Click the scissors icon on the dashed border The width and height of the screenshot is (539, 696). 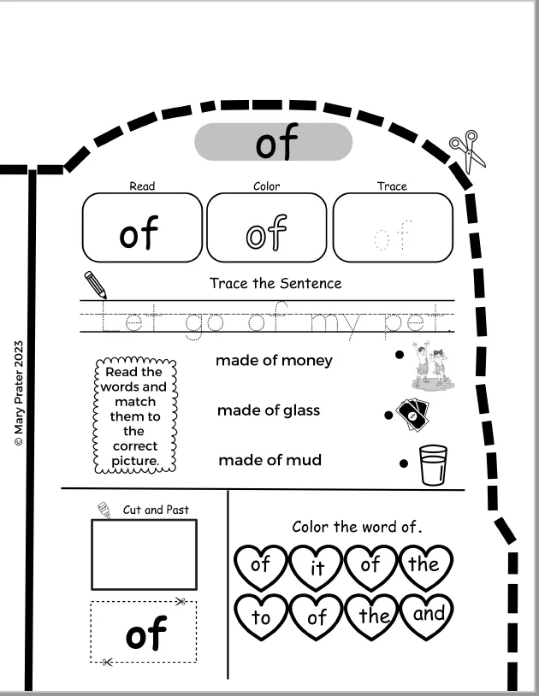pyautogui.click(x=467, y=151)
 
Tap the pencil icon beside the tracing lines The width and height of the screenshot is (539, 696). pyautogui.click(x=96, y=285)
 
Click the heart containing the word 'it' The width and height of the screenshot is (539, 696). pyautogui.click(x=316, y=568)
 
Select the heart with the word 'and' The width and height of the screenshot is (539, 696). pyautogui.click(x=427, y=616)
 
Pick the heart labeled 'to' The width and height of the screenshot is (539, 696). pyautogui.click(x=261, y=616)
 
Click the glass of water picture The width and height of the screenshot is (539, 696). pyautogui.click(x=433, y=465)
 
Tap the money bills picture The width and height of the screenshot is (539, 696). pyautogui.click(x=412, y=414)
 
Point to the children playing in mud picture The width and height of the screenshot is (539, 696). pyautogui.click(x=433, y=366)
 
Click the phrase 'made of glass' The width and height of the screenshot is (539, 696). pyautogui.click(x=269, y=410)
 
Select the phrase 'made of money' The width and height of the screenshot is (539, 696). pyautogui.click(x=274, y=361)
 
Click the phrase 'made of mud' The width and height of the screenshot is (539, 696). pyautogui.click(x=270, y=460)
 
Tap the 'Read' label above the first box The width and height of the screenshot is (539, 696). pyautogui.click(x=142, y=186)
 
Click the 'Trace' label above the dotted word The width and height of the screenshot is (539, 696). pyautogui.click(x=392, y=186)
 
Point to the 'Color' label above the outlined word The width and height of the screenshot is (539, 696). pyautogui.click(x=266, y=186)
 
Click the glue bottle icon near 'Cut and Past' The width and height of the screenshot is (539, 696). pyautogui.click(x=104, y=510)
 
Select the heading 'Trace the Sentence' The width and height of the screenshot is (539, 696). pyautogui.click(x=275, y=283)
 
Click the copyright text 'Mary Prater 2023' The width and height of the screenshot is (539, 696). pyautogui.click(x=18, y=392)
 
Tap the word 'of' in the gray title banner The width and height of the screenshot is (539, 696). pyautogui.click(x=276, y=142)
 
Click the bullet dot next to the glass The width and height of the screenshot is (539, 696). pyautogui.click(x=404, y=463)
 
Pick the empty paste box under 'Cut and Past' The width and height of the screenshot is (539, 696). pyautogui.click(x=144, y=554)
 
